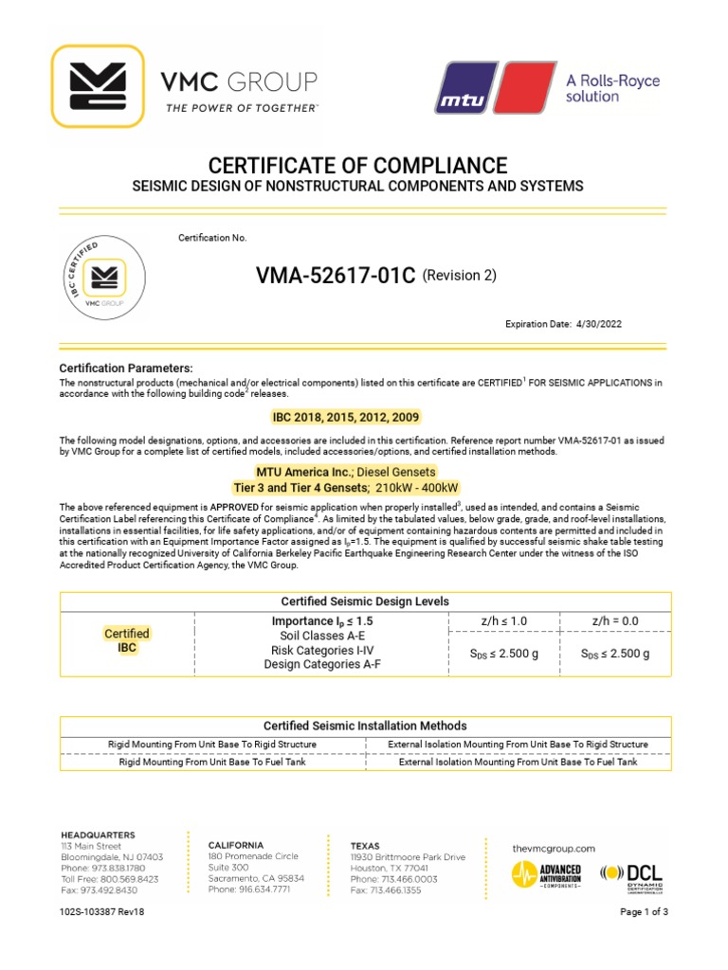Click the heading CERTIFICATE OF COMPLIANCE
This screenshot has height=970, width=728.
tap(363, 164)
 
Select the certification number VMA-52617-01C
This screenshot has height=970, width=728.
tap(336, 276)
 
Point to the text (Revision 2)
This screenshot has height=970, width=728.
tap(459, 276)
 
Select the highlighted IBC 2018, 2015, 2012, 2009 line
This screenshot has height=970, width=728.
tap(345, 417)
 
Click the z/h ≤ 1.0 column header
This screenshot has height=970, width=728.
tap(503, 620)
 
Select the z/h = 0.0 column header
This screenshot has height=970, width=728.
tap(615, 620)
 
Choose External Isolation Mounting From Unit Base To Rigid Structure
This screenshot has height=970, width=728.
tap(519, 745)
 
